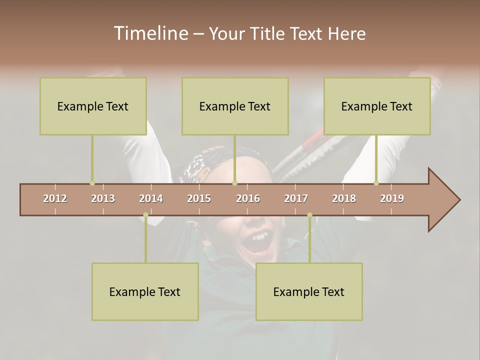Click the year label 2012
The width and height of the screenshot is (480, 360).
55,198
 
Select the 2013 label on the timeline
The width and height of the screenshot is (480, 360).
103,198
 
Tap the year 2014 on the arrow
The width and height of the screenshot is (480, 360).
151,198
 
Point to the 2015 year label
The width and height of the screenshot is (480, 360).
199,198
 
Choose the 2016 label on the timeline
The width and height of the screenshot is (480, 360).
248,198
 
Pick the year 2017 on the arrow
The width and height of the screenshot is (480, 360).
296,198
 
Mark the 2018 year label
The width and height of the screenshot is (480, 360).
344,198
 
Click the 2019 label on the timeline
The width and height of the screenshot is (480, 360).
392,198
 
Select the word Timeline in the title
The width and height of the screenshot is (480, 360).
150,33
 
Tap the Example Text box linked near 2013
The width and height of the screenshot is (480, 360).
93,106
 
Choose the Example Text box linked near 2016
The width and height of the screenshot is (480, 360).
235,106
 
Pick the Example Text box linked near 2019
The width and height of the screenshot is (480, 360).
377,106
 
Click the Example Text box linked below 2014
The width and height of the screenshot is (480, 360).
145,291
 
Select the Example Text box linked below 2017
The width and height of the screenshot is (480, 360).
309,291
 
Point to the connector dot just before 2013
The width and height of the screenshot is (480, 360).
92,183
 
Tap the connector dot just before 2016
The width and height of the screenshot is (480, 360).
235,183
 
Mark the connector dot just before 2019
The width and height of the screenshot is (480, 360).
376,183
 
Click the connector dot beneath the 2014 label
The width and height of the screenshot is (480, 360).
145,215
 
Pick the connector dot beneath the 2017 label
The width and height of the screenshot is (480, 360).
309,215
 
